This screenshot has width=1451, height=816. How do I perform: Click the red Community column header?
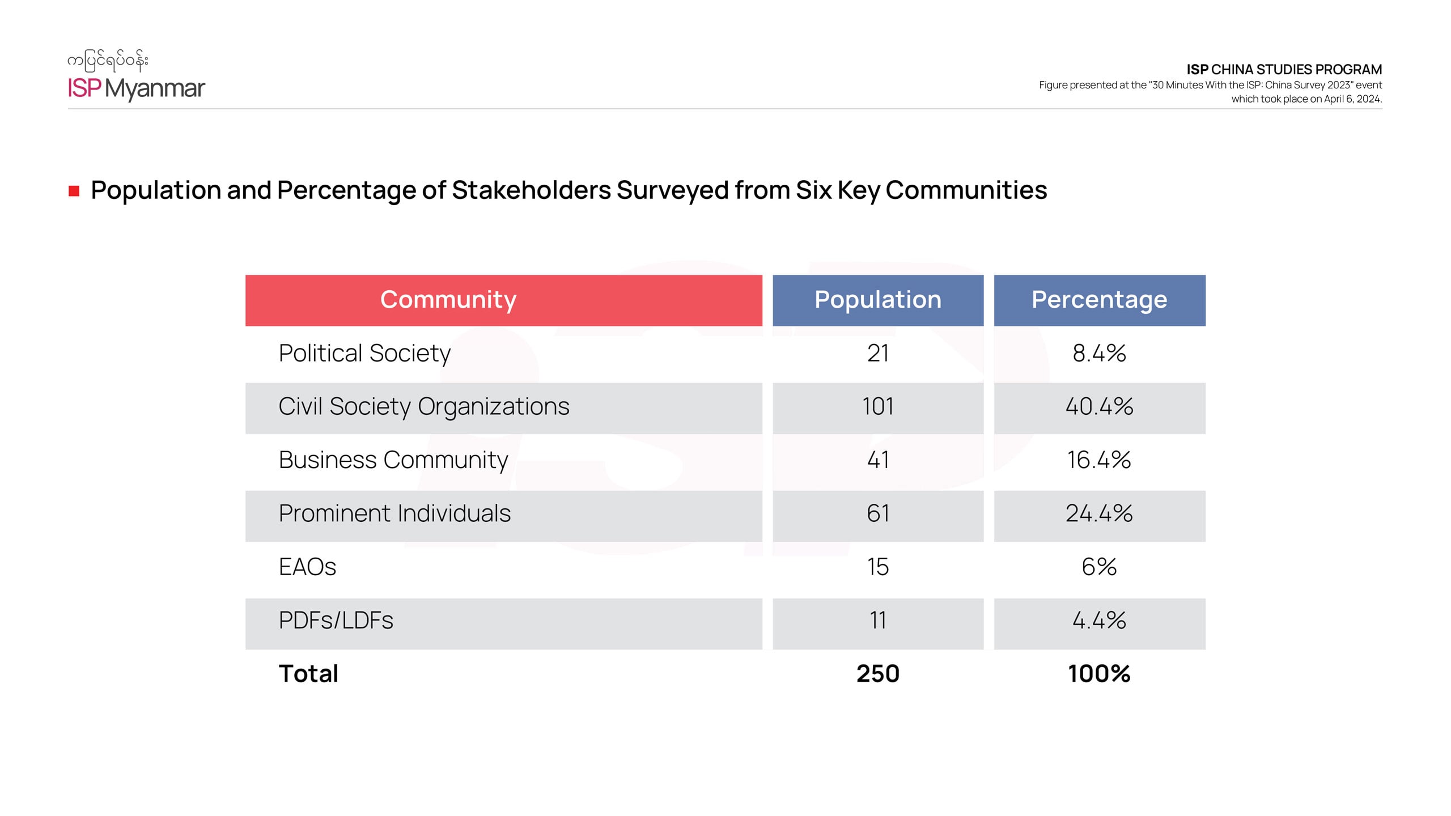click(503, 300)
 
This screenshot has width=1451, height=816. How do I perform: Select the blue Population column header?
click(877, 300)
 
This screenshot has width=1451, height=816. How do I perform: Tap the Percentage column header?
click(1099, 300)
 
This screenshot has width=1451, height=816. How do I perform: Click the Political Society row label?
click(364, 354)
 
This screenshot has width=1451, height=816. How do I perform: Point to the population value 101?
click(877, 407)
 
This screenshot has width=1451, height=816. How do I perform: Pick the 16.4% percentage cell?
click(1099, 460)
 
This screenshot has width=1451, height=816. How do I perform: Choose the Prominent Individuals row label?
click(394, 513)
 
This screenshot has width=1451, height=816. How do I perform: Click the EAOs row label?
click(307, 567)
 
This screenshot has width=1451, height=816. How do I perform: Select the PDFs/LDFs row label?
click(336, 620)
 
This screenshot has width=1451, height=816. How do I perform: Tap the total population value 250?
click(877, 674)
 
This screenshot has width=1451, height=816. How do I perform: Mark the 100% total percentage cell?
click(1099, 674)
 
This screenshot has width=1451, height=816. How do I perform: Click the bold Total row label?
click(308, 674)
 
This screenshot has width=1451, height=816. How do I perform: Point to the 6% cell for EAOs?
click(1099, 567)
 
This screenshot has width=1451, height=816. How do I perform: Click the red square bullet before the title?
click(74, 191)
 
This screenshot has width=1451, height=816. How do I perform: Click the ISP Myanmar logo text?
click(136, 88)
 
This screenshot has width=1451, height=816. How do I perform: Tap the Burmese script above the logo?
click(108, 61)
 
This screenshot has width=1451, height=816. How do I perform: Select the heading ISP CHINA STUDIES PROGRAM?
click(1284, 70)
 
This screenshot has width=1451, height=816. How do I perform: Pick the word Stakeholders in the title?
click(531, 190)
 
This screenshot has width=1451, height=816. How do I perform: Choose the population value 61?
click(877, 513)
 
